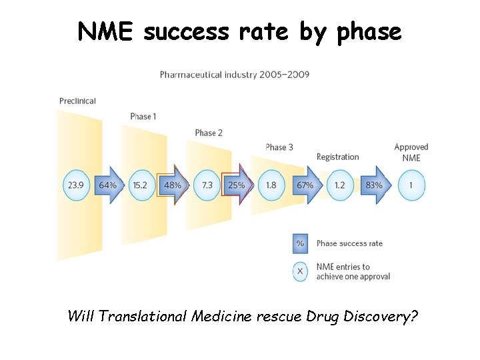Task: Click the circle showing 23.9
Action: coord(76,185)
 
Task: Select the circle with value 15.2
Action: coord(140,185)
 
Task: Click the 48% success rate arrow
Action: coord(173,185)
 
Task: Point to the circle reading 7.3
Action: coord(207,185)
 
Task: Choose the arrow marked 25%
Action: coord(237,185)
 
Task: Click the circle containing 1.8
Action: coord(271,185)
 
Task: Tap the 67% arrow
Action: coord(305,185)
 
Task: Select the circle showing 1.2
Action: coord(339,185)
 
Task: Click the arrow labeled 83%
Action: coord(374,185)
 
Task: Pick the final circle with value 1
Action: coord(411,185)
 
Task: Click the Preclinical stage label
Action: coord(77,101)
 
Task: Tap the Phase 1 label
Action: coord(143,116)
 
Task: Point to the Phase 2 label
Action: coord(209,133)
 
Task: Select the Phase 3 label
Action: coord(279,147)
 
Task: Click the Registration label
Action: coord(337,157)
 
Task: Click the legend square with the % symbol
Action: coord(300,243)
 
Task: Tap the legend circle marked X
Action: coord(300,271)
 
